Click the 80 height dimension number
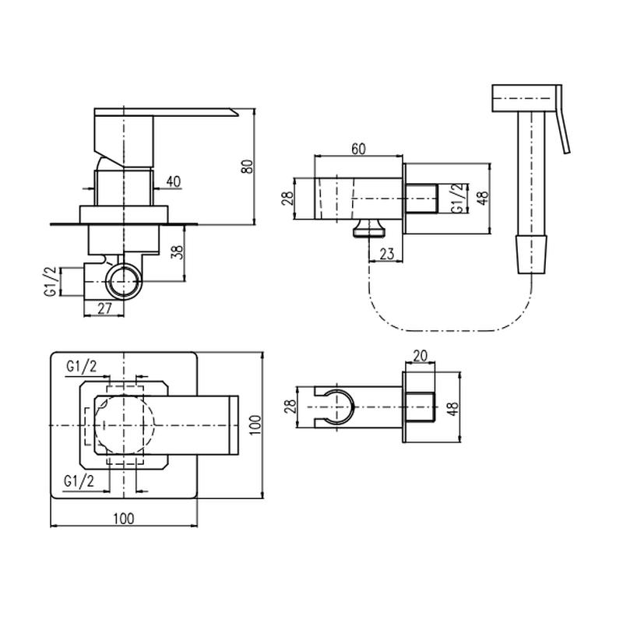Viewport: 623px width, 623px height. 247,166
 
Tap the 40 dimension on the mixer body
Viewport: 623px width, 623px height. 173,181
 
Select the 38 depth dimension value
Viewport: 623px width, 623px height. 179,252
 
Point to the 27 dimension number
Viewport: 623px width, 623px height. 104,308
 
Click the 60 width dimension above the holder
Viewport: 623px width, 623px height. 358,149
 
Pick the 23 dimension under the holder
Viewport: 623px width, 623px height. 386,254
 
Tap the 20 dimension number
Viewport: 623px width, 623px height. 420,356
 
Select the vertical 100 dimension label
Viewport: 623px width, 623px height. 256,424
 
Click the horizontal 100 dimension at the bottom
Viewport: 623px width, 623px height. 124,519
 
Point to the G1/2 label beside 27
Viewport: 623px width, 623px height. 51,282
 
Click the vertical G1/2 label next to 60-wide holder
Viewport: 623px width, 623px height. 458,199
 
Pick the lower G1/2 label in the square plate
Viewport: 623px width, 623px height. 79,481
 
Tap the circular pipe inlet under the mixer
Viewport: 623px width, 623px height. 124,281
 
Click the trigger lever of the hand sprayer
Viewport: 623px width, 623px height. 562,119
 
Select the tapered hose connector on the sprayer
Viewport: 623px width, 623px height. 531,255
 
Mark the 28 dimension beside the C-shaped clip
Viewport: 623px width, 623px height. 290,407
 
